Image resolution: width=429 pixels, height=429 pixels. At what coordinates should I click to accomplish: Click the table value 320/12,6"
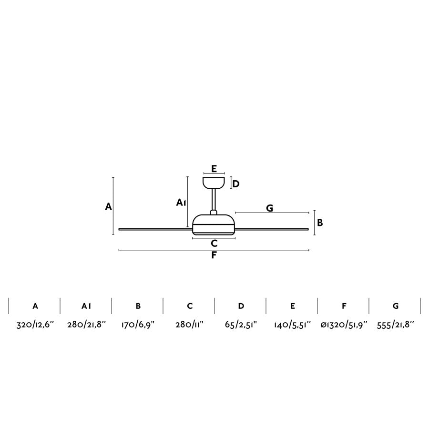pyautogui.click(x=35, y=325)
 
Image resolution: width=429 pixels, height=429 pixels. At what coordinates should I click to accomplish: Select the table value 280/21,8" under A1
pyautogui.click(x=86, y=325)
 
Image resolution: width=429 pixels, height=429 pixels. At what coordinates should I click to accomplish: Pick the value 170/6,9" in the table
pyautogui.click(x=138, y=325)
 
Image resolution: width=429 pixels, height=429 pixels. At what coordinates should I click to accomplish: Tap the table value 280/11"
pyautogui.click(x=189, y=325)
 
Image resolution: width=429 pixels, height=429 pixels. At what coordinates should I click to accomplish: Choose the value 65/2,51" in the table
pyautogui.click(x=241, y=325)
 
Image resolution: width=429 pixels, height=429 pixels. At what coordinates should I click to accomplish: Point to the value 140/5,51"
pyautogui.click(x=293, y=325)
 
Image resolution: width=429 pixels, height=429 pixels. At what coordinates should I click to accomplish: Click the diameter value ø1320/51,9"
pyautogui.click(x=344, y=325)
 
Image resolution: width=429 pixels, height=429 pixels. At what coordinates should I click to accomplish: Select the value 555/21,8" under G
pyautogui.click(x=395, y=325)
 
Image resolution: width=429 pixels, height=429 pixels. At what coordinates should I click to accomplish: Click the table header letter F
pyautogui.click(x=344, y=306)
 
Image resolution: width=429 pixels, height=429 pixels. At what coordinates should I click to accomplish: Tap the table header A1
pyautogui.click(x=86, y=306)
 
